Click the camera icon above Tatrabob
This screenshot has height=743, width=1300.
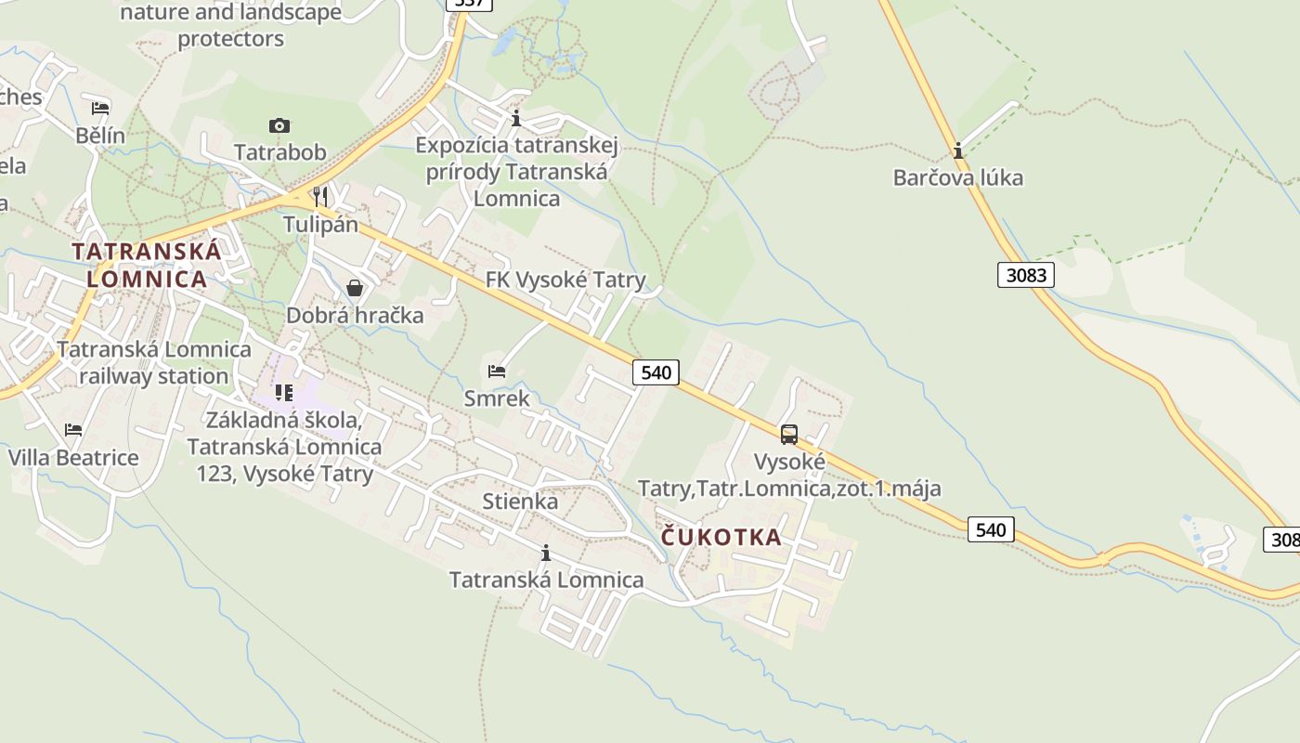pos(279,125)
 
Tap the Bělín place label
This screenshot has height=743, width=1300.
pos(100,136)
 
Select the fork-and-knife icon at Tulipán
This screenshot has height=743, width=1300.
pos(320,196)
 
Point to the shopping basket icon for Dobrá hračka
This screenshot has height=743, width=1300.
pos(354,288)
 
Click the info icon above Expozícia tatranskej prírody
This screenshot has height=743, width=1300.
pos(516,119)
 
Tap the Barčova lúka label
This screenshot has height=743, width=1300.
pos(957,177)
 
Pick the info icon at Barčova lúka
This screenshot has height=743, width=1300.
pos(958,150)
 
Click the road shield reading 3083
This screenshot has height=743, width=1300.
pos(1026,275)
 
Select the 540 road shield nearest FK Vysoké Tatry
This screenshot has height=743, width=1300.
pos(656,372)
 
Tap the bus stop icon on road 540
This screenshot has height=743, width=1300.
pos(789,434)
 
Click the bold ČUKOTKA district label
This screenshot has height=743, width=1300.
pos(721,538)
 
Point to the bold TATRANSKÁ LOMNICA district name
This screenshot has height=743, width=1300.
pos(147,265)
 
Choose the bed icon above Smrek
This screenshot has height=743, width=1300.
pos(497,371)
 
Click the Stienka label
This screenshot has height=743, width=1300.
pos(520,502)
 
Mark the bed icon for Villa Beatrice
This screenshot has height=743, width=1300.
pos(73,430)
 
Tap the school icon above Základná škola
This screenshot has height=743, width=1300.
pos(284,393)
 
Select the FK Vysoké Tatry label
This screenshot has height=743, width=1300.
pos(565,280)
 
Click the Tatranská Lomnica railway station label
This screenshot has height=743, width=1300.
pos(154,363)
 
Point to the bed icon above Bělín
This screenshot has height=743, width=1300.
pos(100,109)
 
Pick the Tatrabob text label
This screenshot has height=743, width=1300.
pos(279,151)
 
